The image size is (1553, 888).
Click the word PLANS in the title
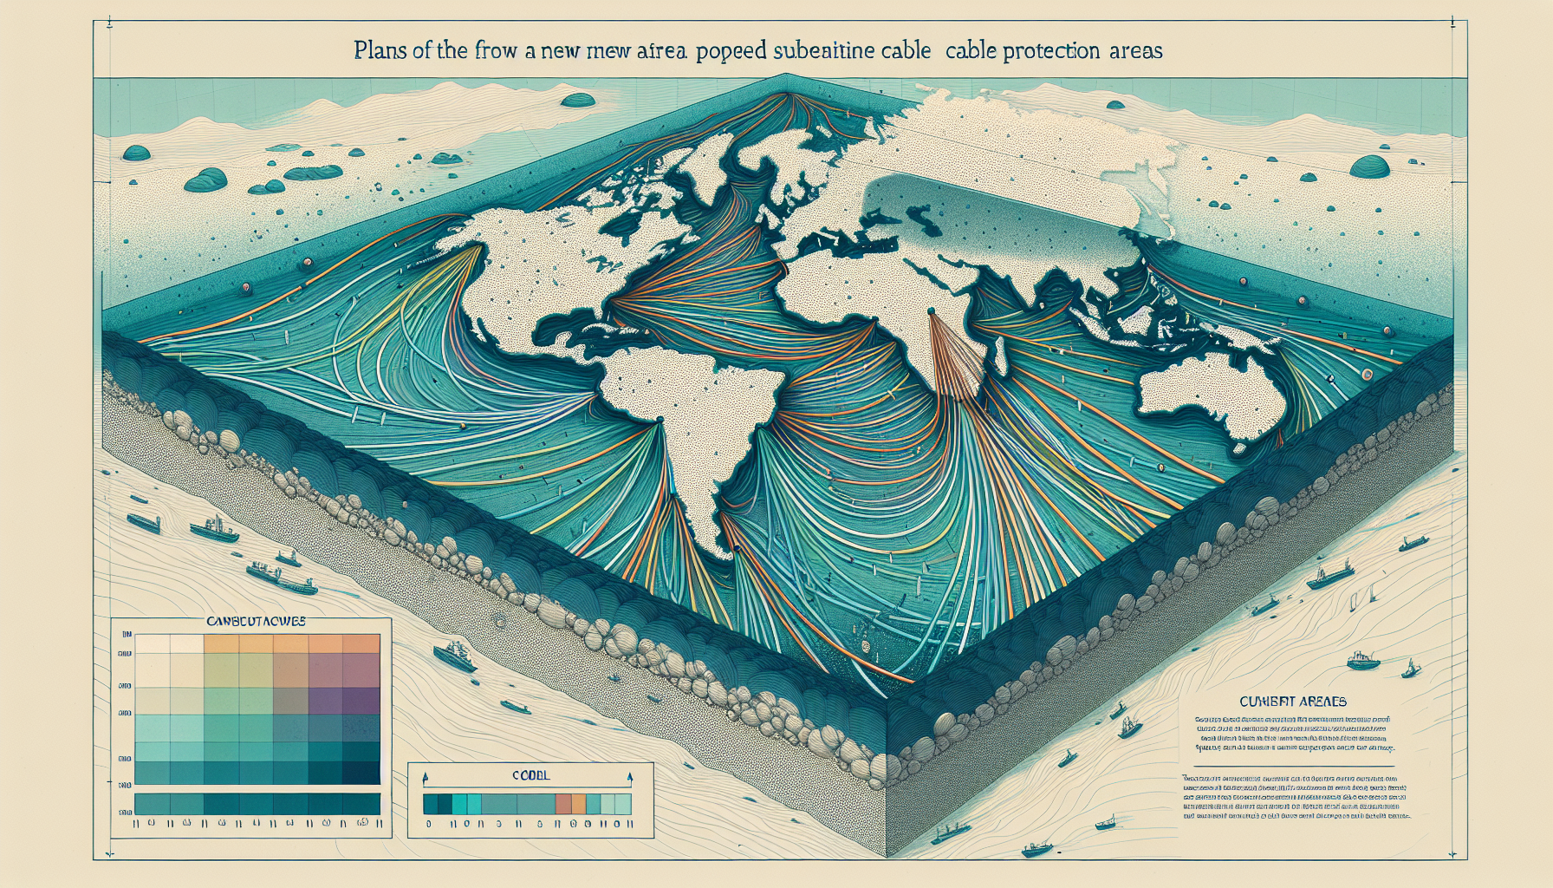pyautogui.click(x=382, y=50)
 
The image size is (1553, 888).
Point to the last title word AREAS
pyautogui.click(x=1135, y=50)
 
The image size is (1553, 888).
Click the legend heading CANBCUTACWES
pyautogui.click(x=257, y=622)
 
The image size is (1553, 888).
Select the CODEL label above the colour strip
pyautogui.click(x=530, y=775)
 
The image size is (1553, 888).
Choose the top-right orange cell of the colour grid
pyautogui.click(x=362, y=643)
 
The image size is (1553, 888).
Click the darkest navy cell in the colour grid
pyautogui.click(x=362, y=772)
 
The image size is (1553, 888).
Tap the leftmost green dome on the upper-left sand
pyautogui.click(x=137, y=153)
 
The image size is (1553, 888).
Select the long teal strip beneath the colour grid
pyautogui.click(x=257, y=803)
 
